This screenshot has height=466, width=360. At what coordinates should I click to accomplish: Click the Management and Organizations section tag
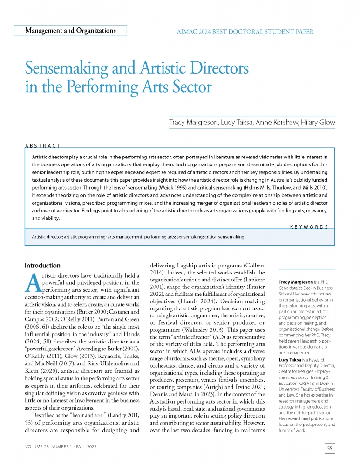pyautogui.click(x=70, y=31)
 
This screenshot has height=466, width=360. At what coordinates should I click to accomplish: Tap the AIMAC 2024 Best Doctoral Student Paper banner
pyautogui.click(x=245, y=32)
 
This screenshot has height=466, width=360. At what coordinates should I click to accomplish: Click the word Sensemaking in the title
pyautogui.click(x=69, y=70)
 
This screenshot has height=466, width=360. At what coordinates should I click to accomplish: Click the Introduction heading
pyautogui.click(x=42, y=265)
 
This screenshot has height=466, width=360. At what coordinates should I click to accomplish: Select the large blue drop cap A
pyautogui.click(x=32, y=282)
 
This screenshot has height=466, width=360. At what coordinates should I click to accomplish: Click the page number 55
pyautogui.click(x=329, y=449)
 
